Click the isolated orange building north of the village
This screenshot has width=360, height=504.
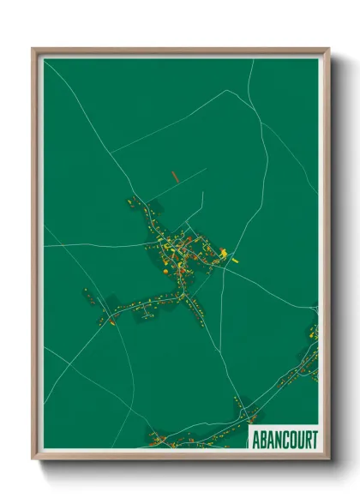(x=174, y=177)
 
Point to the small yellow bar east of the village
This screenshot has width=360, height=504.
(x=237, y=255)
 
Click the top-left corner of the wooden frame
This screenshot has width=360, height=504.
(x=33, y=49)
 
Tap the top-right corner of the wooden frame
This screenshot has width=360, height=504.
(x=328, y=49)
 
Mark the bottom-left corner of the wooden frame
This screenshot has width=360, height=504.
(x=33, y=458)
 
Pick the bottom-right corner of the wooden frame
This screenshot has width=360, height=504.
(x=328, y=458)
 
